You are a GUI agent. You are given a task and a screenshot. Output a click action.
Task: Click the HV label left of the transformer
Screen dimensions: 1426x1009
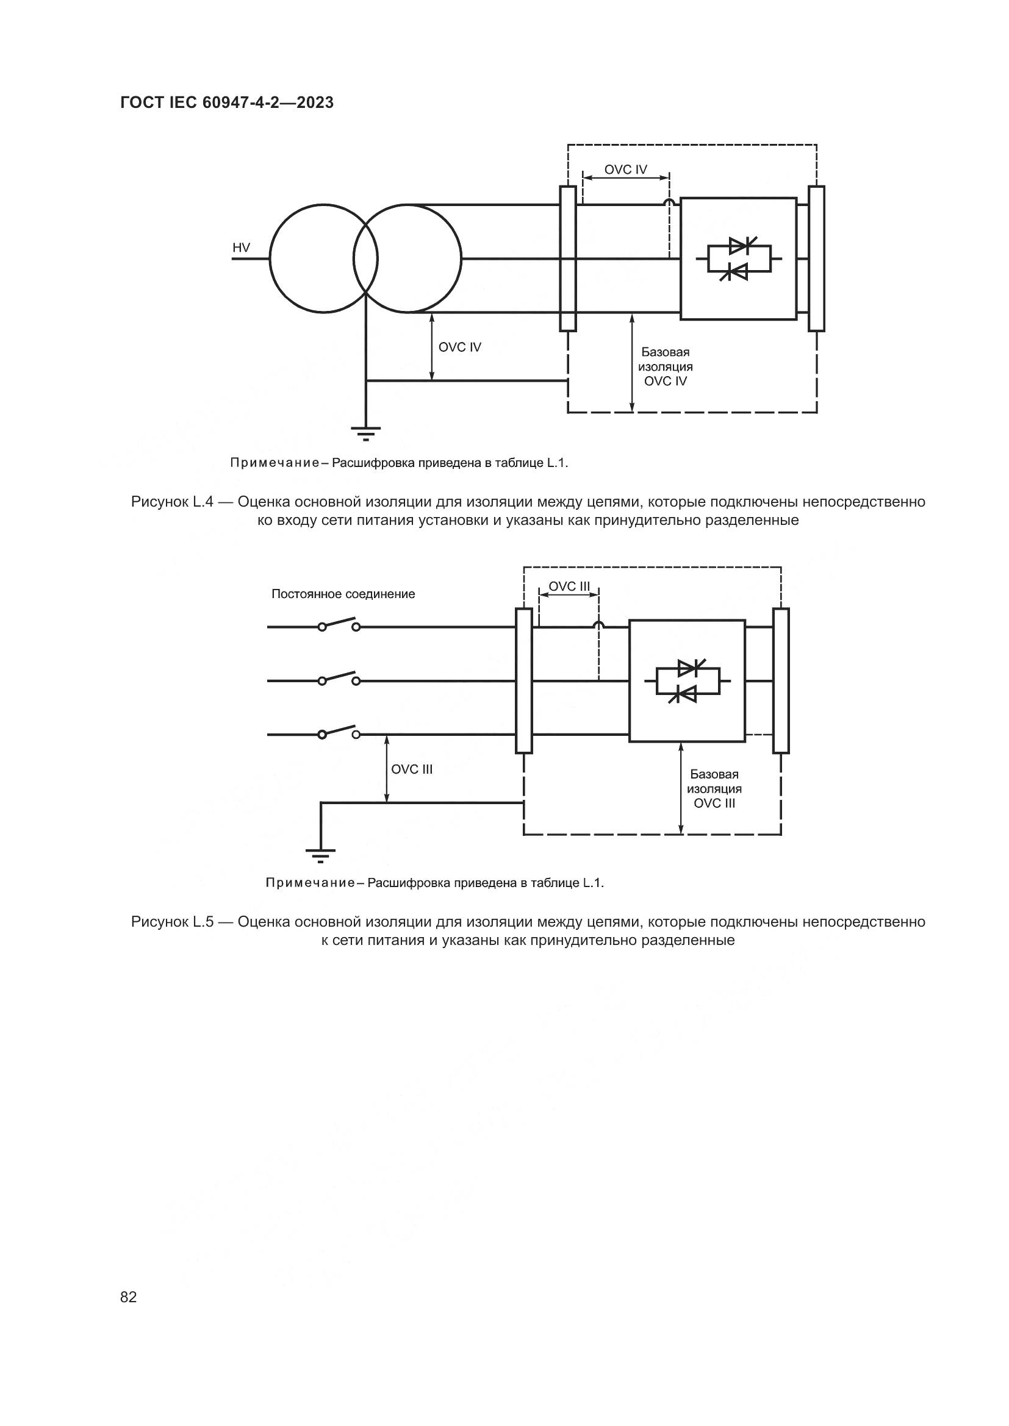[241, 248]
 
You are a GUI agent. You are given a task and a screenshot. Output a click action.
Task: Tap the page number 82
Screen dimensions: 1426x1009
[129, 1297]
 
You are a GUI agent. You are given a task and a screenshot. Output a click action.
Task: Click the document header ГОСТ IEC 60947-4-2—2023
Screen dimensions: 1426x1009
[227, 103]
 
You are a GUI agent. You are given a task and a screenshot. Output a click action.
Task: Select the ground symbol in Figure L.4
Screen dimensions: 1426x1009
[365, 433]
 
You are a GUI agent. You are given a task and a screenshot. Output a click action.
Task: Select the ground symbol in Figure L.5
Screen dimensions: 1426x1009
[321, 855]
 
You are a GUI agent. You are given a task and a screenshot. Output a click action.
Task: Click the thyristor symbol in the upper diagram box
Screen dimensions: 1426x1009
[739, 259]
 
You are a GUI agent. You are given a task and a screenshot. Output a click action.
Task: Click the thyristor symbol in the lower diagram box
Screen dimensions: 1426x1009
[687, 682]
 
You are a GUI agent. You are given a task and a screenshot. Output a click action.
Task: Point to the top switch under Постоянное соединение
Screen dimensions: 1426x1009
[339, 625]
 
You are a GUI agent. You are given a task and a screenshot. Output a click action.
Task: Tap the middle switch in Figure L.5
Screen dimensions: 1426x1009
[339, 679]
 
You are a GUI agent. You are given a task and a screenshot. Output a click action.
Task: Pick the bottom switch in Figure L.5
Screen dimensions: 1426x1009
[339, 732]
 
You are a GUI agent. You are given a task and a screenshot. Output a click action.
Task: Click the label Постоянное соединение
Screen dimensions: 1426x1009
[343, 594]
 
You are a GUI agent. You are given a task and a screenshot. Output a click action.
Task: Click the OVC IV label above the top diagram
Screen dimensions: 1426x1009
[626, 169]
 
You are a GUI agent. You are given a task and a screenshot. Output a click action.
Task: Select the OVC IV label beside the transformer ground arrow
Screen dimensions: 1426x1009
[460, 347]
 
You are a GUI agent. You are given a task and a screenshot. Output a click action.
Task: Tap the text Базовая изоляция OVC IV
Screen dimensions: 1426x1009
[666, 367]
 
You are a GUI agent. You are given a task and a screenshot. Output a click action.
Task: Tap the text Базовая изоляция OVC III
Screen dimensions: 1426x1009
[714, 789]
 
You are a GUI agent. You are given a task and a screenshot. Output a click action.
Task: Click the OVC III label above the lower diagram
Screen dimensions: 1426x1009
[569, 587]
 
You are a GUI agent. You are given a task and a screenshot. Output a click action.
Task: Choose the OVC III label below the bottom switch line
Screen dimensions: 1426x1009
[411, 769]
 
